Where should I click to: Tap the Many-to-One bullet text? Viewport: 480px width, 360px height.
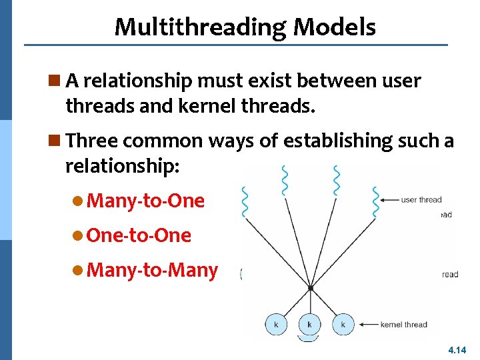(145, 201)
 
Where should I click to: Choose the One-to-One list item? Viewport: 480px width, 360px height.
(139, 235)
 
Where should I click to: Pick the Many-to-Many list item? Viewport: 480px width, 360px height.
(152, 270)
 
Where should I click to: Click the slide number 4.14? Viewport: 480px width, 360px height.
(457, 349)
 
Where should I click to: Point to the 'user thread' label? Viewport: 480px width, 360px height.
(421, 199)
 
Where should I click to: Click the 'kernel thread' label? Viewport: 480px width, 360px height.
(403, 325)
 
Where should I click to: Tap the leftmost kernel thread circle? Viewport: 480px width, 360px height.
(275, 324)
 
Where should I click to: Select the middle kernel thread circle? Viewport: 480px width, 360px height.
(309, 324)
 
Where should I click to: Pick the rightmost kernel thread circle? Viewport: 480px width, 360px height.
(343, 324)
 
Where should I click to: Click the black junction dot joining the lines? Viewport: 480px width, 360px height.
(310, 288)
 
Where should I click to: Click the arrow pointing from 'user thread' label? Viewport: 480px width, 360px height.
(389, 199)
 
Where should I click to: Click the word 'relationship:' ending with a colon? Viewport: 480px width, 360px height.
(122, 167)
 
